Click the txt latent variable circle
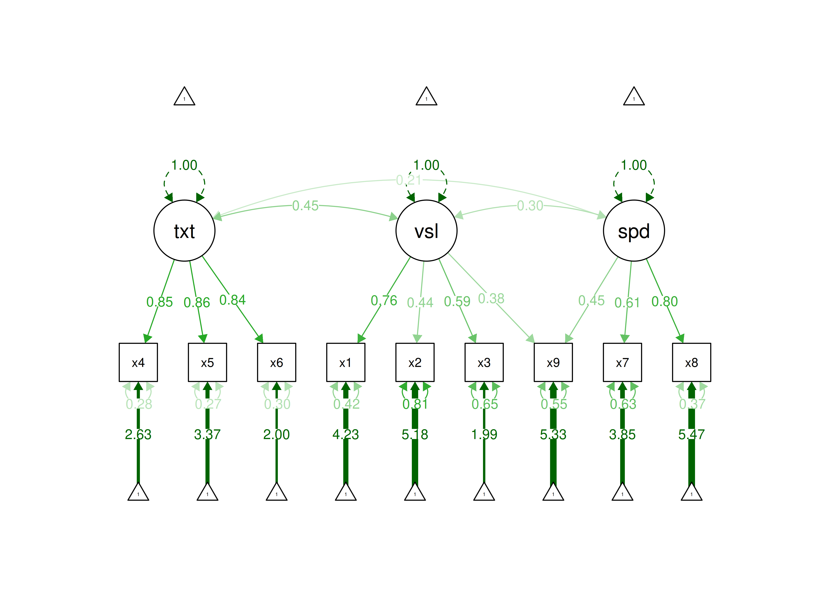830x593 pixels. pyautogui.click(x=184, y=231)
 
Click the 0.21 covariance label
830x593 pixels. pyautogui.click(x=409, y=180)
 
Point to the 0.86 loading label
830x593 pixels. pyautogui.click(x=197, y=302)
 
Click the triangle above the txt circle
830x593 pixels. pyautogui.click(x=184, y=97)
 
